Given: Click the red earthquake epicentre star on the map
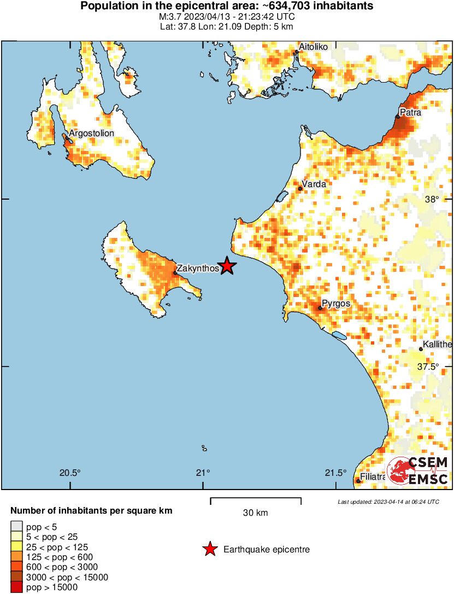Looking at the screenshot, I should pyautogui.click(x=227, y=266).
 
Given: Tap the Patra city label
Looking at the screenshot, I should pyautogui.click(x=410, y=113).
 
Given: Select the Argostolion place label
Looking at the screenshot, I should pyautogui.click(x=91, y=133).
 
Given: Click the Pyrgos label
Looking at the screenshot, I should pyautogui.click(x=336, y=304).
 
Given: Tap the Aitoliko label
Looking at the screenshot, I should pyautogui.click(x=314, y=47).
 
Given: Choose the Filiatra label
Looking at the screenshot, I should pyautogui.click(x=373, y=477).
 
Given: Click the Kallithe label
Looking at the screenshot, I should pyautogui.click(x=438, y=345).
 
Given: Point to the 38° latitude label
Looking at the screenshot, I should pyautogui.click(x=433, y=199).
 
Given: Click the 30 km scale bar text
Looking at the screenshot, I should pyautogui.click(x=256, y=513).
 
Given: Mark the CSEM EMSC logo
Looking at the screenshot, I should pyautogui.click(x=418, y=471).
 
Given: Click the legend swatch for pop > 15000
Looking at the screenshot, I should pyautogui.click(x=16, y=587).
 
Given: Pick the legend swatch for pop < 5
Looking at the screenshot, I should pyautogui.click(x=16, y=527).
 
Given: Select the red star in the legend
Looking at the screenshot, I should pyautogui.click(x=210, y=550).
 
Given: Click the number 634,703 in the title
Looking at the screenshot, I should pyautogui.click(x=299, y=7).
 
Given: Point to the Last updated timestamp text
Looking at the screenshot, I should pyautogui.click(x=388, y=502).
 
